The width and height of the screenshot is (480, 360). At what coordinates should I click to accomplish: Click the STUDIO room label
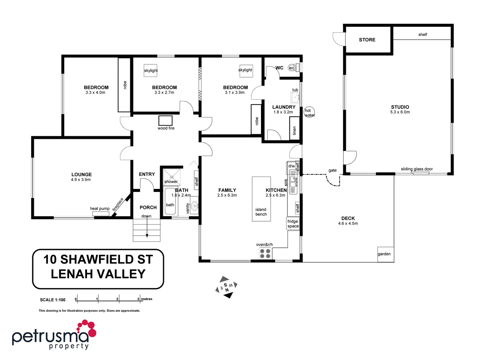[x=400, y=107]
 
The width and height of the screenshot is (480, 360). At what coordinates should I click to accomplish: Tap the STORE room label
[x=367, y=40]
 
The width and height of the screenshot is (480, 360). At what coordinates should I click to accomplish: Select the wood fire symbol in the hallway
[x=165, y=120]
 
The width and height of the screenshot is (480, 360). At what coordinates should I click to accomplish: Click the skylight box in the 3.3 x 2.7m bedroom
[x=151, y=70]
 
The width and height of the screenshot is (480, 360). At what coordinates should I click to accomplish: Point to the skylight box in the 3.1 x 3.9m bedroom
[x=246, y=70]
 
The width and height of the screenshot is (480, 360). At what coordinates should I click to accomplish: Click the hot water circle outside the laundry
[x=309, y=112]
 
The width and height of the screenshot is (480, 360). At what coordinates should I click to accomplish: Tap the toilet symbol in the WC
[x=292, y=68]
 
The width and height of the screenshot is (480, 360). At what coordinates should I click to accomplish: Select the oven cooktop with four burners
[x=265, y=254]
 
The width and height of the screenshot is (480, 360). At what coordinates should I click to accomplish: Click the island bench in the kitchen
[x=261, y=199]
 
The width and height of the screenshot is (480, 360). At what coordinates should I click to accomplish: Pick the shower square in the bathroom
[x=172, y=177]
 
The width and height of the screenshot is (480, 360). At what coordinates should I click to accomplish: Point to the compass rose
[x=226, y=287]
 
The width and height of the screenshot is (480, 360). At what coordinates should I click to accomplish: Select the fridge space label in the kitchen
[x=293, y=224]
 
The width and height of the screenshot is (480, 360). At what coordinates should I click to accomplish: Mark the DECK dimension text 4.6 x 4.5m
[x=348, y=224]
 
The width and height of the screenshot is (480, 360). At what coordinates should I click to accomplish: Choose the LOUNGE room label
[x=81, y=174]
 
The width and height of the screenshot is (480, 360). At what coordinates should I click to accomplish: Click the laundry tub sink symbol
[x=295, y=97]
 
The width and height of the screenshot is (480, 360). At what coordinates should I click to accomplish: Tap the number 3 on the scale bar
[x=138, y=299]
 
